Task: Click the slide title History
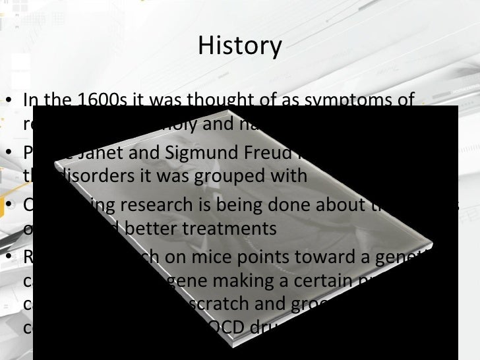(x=239, y=46)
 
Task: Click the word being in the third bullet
(x=227, y=205)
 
